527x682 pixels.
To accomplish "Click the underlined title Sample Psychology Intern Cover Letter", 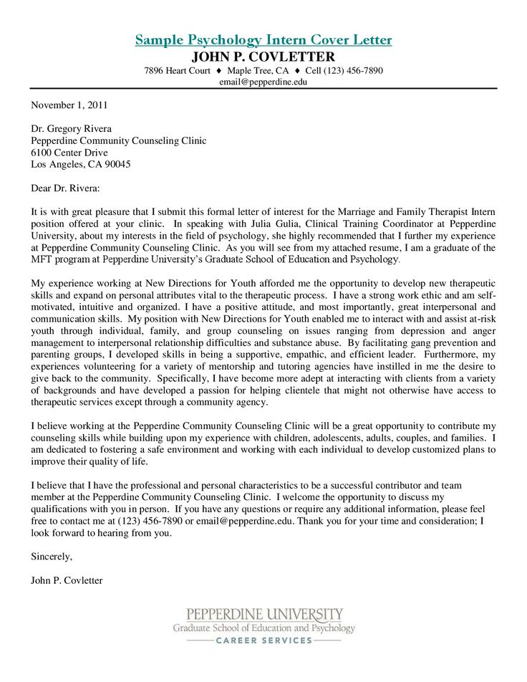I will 263,40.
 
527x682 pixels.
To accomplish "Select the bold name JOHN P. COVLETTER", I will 263,57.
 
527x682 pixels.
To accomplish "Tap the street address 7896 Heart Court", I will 177,71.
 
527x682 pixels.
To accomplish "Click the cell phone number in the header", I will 344,71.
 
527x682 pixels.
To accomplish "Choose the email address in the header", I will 263,82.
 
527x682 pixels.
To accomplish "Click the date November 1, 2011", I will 69,105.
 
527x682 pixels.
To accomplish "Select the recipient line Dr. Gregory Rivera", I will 71,129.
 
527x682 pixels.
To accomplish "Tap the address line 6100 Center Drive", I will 69,153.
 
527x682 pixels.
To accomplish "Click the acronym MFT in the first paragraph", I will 42,259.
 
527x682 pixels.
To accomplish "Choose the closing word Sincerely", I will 52,556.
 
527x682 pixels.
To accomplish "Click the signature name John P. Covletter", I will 67,580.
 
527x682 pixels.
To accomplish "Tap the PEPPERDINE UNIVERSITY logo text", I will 265,615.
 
